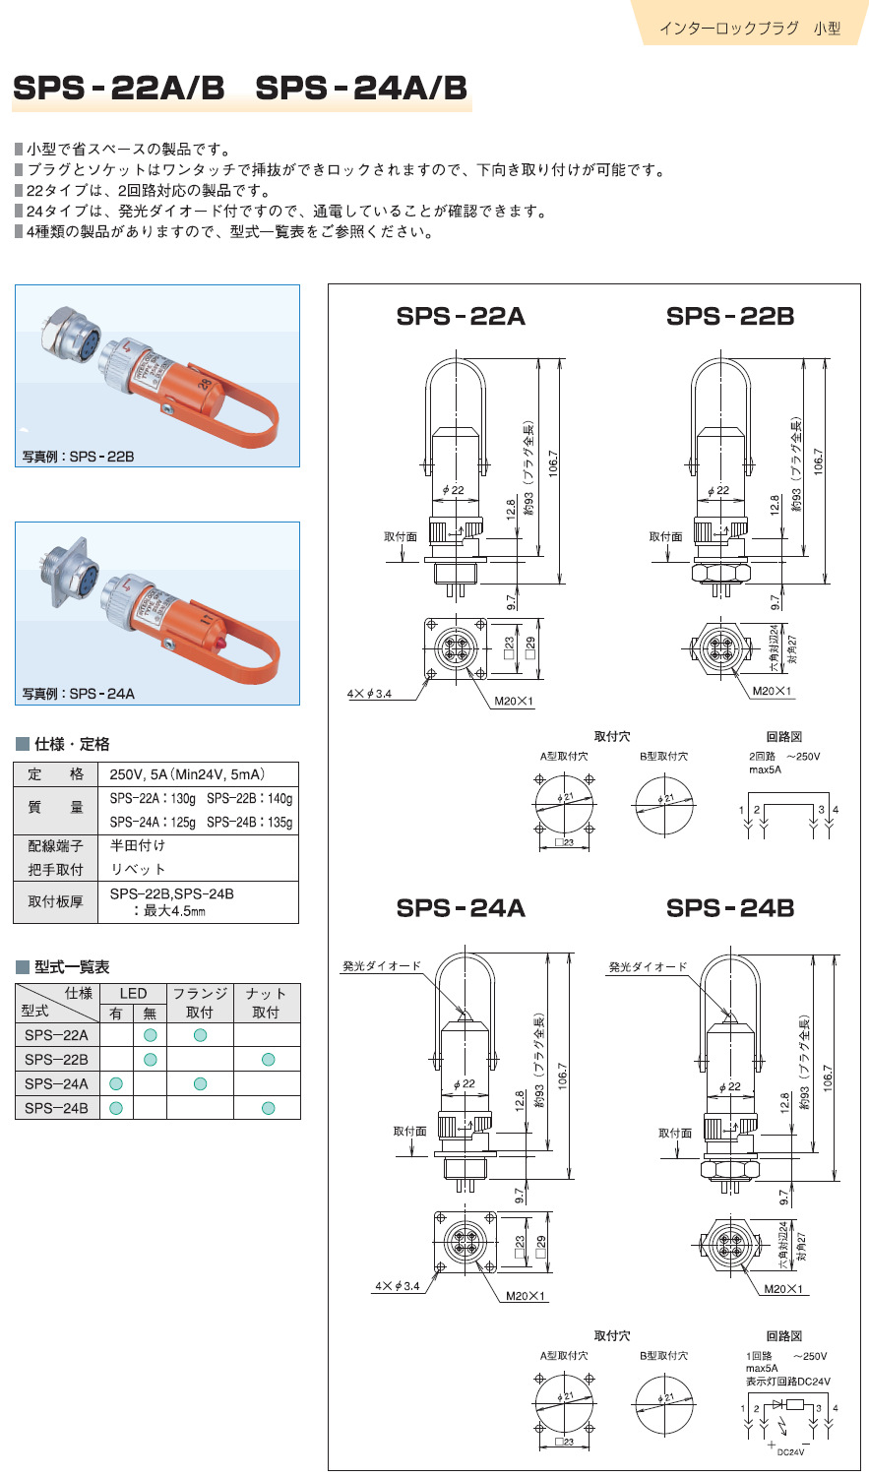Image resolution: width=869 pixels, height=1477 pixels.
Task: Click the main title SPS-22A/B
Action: pos(119,89)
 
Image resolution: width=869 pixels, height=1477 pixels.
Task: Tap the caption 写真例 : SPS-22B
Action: pos(78,457)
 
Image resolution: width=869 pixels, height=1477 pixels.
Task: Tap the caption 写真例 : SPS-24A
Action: pos(79,694)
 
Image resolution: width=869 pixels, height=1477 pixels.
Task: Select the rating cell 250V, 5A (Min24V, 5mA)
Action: pos(187,774)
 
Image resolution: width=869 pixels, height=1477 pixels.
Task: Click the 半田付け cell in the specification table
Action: pos(138,845)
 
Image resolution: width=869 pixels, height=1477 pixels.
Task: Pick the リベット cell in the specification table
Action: pos(138,869)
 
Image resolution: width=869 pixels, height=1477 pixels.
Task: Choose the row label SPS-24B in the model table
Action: pos(56,1108)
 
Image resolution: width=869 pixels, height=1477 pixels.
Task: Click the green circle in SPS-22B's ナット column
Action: pos(268,1059)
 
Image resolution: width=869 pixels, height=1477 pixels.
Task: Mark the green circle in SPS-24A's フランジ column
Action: pos(200,1083)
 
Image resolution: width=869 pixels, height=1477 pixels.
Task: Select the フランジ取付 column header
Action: pos(200,1003)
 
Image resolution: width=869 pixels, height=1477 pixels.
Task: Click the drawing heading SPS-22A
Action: pos(461,316)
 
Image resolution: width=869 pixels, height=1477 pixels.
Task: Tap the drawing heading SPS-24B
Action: pos(729,908)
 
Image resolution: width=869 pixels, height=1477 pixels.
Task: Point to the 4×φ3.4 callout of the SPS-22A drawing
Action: pos(370,694)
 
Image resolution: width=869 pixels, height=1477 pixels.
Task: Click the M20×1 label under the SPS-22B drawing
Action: pos(772,692)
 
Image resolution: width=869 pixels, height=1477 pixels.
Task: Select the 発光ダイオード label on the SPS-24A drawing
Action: pos(382,966)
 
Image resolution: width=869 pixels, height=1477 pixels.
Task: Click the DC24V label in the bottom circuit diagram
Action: pos(790,1452)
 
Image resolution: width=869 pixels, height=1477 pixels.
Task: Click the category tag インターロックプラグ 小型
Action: pos(749,29)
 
